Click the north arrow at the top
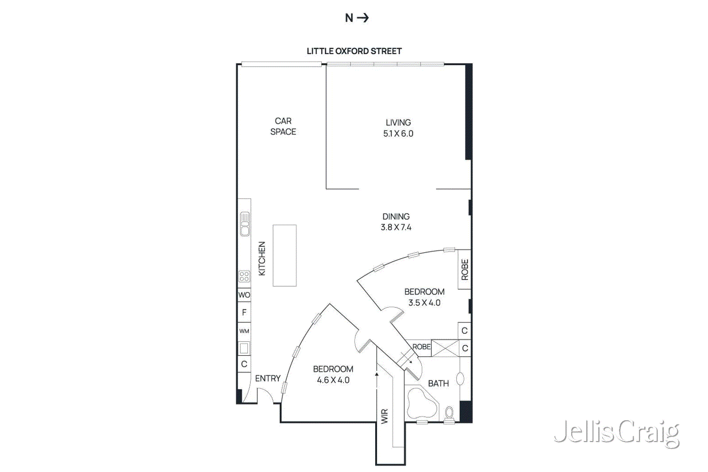tap(357, 18)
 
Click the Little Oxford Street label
tap(354, 51)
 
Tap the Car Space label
tap(283, 126)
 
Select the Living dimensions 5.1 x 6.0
tap(398, 134)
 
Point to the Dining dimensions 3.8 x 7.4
tap(396, 227)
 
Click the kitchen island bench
tap(285, 255)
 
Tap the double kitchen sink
tap(245, 224)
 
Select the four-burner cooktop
tap(244, 276)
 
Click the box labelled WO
tap(244, 295)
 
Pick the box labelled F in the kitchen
tap(244, 312)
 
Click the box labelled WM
tap(244, 331)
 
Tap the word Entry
tap(268, 378)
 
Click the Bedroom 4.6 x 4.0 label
tap(333, 374)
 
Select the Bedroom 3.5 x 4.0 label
tap(424, 297)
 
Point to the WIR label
tap(385, 416)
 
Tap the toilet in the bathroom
tap(449, 412)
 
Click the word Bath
tap(438, 384)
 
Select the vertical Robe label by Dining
tap(465, 269)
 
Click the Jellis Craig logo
tap(616, 432)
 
